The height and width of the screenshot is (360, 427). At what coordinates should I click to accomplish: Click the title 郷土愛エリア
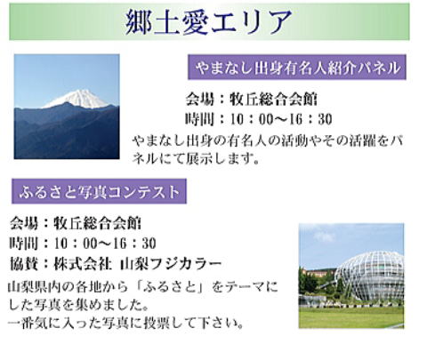(x=208, y=22)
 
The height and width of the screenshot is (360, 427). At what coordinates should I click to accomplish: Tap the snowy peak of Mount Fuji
(x=77, y=99)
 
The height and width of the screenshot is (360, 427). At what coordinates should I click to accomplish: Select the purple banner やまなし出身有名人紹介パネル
(x=297, y=68)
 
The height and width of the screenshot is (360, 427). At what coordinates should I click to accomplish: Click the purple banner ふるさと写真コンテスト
(x=99, y=191)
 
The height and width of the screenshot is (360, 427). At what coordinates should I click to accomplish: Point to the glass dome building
(x=369, y=276)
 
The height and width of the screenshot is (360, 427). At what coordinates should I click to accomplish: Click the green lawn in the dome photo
(x=351, y=317)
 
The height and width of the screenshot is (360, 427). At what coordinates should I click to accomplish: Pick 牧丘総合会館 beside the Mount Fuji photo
(x=274, y=100)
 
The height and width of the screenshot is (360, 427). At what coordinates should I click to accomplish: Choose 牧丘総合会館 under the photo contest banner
(x=97, y=223)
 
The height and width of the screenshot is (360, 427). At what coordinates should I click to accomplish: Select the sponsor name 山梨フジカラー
(x=171, y=264)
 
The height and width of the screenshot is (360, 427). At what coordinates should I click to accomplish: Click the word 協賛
(x=24, y=264)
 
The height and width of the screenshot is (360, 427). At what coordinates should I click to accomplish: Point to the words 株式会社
(x=83, y=264)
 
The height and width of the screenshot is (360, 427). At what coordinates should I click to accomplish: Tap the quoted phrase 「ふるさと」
(x=171, y=287)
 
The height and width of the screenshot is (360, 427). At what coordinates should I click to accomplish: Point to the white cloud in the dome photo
(x=324, y=236)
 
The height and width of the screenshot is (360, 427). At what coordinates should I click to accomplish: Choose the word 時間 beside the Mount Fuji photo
(x=199, y=119)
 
